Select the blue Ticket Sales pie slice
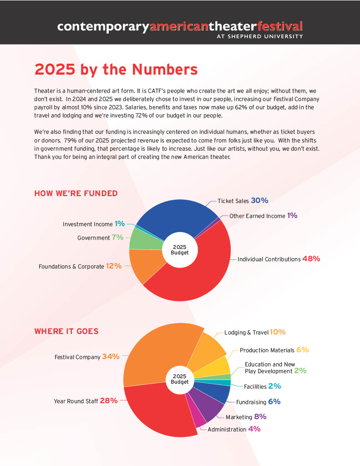point(173,216)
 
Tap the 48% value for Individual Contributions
point(311,258)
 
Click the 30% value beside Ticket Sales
point(259,200)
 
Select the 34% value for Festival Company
point(111,357)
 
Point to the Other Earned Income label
point(257,216)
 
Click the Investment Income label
point(87,224)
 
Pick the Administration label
point(227,429)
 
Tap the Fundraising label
point(251,402)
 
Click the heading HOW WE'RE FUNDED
point(76,193)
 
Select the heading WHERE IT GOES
point(66,331)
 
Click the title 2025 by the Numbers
point(116,69)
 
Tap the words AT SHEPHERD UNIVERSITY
point(259,36)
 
